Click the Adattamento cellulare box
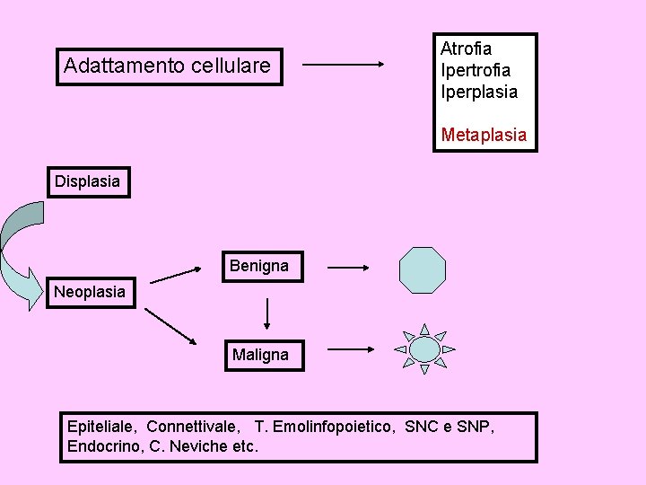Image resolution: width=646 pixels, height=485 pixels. (169, 66)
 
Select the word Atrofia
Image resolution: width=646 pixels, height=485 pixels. (466, 48)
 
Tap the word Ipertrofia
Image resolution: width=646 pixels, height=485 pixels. (476, 70)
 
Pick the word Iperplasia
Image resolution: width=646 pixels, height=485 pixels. (479, 92)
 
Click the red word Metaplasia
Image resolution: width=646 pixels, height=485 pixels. (484, 136)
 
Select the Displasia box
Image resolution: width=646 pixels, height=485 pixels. (87, 181)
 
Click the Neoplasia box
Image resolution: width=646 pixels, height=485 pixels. (90, 292)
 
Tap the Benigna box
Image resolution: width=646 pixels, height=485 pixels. (259, 266)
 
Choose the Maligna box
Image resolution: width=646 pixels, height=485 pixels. (260, 355)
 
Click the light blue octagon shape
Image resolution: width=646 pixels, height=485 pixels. (423, 270)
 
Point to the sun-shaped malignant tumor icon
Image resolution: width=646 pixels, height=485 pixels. (424, 348)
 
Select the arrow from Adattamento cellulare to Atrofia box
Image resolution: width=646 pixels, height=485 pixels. (343, 64)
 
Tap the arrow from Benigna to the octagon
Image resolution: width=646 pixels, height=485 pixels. (348, 267)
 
